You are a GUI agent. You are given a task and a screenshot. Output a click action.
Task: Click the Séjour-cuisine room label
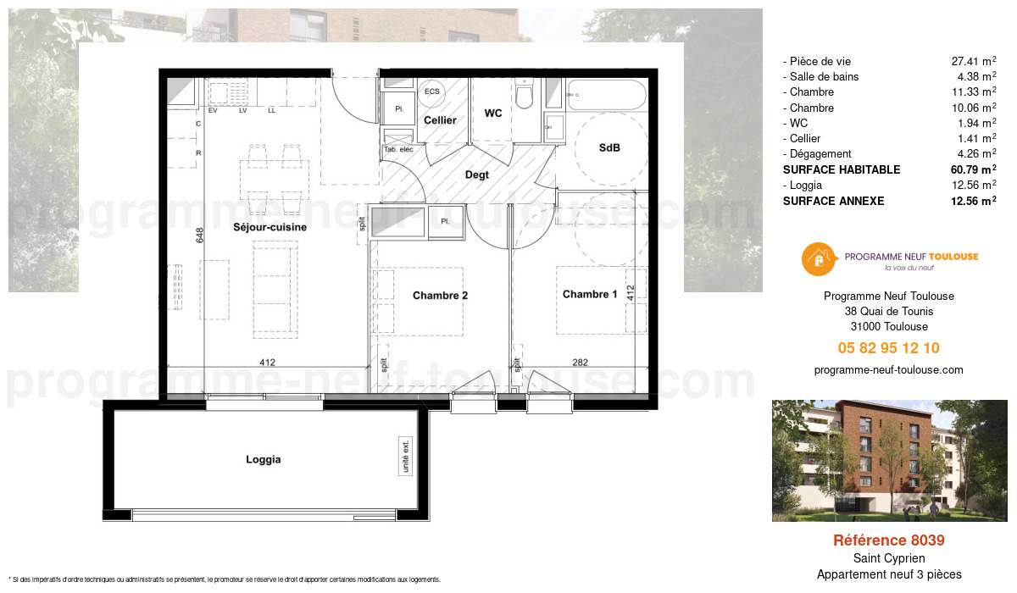coord(270,227)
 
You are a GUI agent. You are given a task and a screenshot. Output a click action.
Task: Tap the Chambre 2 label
coord(440,296)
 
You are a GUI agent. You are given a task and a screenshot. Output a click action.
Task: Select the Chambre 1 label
coord(590,294)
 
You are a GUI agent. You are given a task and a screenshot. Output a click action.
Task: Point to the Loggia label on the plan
coord(263,460)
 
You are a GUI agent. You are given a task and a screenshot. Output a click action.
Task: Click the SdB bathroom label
coord(609,147)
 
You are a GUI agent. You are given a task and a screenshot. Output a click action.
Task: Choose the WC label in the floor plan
coord(494,113)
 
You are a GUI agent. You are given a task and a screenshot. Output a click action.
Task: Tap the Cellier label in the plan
coord(440,120)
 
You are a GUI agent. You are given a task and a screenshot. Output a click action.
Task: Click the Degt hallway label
coord(477,175)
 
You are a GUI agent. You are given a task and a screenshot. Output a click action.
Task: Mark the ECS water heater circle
coord(432,91)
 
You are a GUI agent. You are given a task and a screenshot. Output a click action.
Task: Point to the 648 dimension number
coord(200,236)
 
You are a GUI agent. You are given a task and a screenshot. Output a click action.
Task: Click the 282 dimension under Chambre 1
coord(580,363)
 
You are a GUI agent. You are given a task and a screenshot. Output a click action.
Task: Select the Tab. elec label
coord(398,150)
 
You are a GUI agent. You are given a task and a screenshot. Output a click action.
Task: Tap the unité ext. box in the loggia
coord(406,457)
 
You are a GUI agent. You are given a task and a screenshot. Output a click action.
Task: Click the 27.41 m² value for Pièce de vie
coord(973,61)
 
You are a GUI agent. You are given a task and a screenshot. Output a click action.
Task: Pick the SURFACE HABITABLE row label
coord(841,169)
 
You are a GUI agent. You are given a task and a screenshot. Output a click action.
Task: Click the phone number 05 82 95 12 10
coord(888,348)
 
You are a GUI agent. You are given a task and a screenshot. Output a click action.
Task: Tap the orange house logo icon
coord(818,258)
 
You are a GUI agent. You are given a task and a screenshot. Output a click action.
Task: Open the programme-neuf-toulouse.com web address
coord(888,370)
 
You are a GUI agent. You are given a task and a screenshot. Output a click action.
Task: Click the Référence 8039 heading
coord(888,540)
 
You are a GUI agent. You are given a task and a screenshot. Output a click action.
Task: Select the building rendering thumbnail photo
coord(889,461)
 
